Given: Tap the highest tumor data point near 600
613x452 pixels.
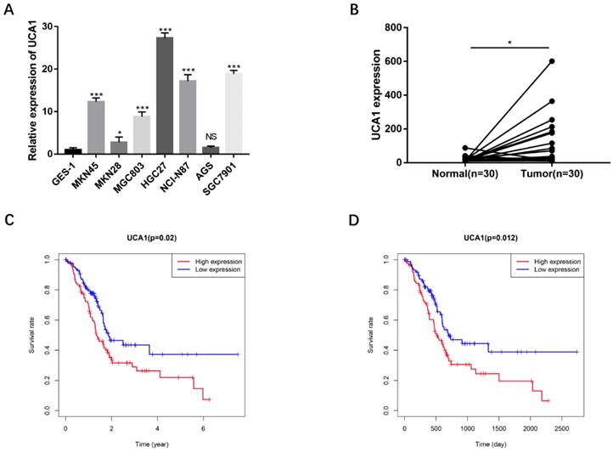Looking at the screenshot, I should pos(551,61).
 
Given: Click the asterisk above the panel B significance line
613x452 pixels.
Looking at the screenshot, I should pos(509,39).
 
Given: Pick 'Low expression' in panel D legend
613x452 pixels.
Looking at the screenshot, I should pos(553,268).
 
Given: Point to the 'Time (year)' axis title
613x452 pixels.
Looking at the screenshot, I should pos(152,444).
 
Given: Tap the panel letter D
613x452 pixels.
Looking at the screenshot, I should pos(348,223).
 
